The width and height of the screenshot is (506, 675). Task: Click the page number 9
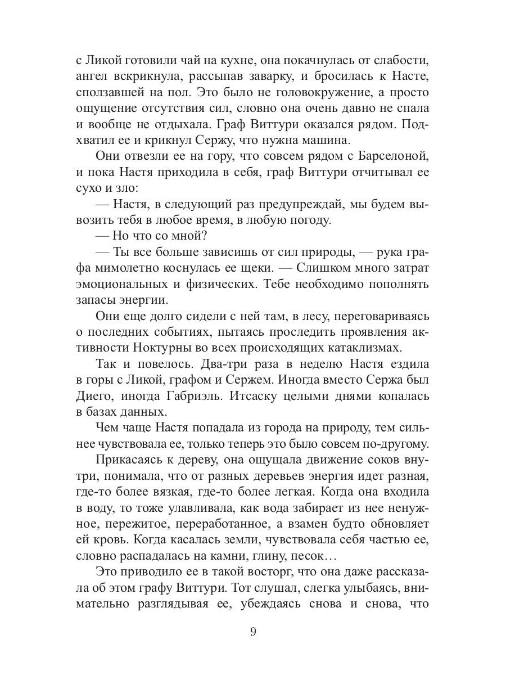[253, 631]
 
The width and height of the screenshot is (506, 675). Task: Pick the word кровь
[110, 540]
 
